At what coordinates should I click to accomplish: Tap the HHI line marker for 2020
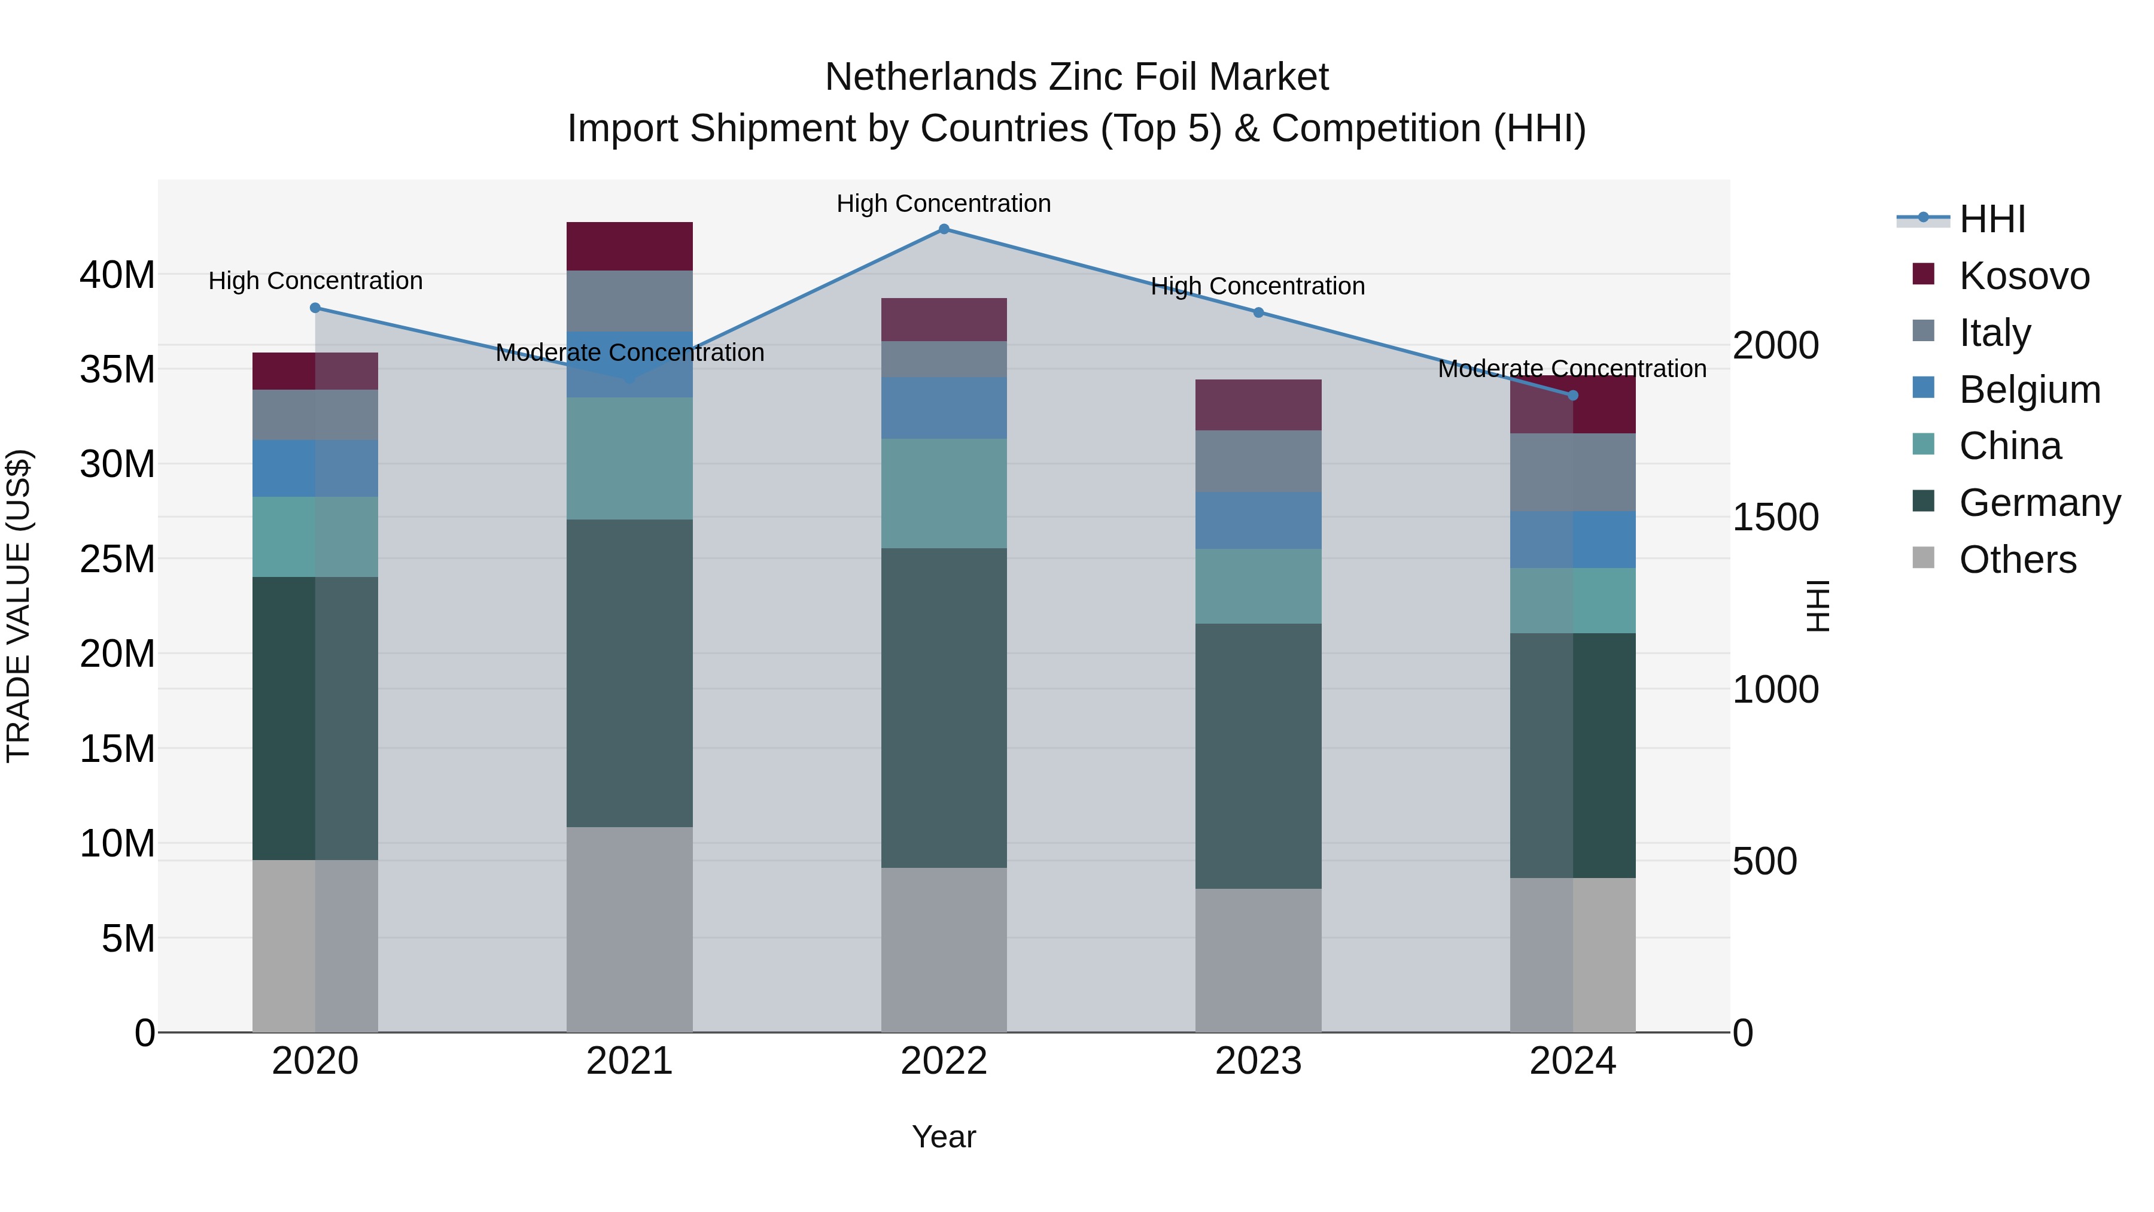315,308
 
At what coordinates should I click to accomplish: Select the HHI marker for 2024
1573,396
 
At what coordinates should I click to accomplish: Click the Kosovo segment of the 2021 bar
629,246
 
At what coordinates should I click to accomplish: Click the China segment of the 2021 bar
629,458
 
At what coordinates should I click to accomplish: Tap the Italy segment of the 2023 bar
1258,461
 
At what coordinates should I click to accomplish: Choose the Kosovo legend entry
2023,275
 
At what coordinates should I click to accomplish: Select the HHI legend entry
1992,219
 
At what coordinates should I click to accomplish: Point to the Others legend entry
2017,559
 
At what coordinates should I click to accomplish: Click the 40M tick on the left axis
117,274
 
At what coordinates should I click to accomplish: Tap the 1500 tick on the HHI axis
1775,517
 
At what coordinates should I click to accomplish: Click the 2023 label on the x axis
1258,1061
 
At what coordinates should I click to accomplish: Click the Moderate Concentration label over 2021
629,352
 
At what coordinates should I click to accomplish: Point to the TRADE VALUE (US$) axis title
19,606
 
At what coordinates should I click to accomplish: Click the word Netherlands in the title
930,77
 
